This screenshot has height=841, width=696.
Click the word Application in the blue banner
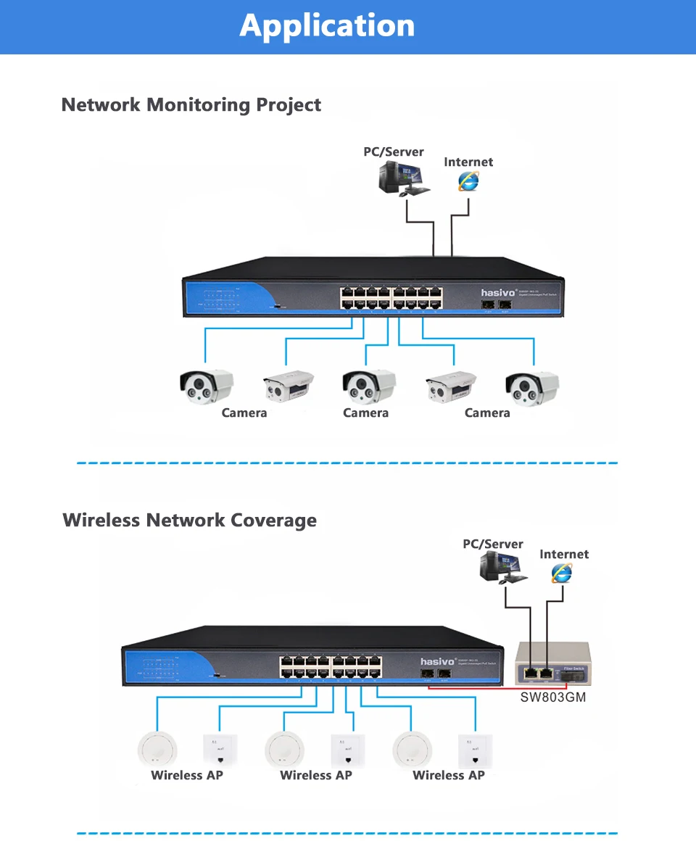[327, 26]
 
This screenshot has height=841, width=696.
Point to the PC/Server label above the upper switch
[394, 152]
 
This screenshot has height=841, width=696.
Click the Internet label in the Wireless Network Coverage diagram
[564, 555]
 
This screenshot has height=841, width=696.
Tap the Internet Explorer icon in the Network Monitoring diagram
[468, 181]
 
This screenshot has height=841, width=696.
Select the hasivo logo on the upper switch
[497, 292]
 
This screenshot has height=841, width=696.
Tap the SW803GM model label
[554, 697]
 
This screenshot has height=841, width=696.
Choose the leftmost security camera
[207, 386]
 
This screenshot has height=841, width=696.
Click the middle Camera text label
[365, 413]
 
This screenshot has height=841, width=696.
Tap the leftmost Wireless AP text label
[187, 775]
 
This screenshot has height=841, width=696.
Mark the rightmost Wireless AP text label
[449, 775]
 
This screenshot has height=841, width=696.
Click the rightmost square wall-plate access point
[472, 750]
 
